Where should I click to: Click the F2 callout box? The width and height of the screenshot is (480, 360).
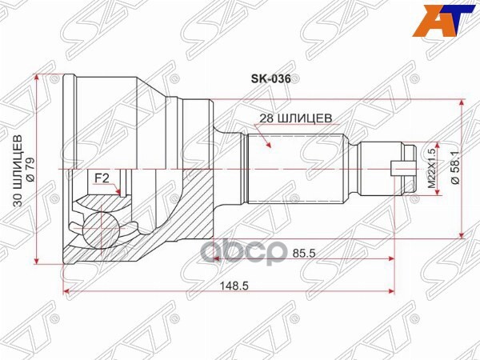point(102,177)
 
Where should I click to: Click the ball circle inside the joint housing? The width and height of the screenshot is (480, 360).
point(102,226)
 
